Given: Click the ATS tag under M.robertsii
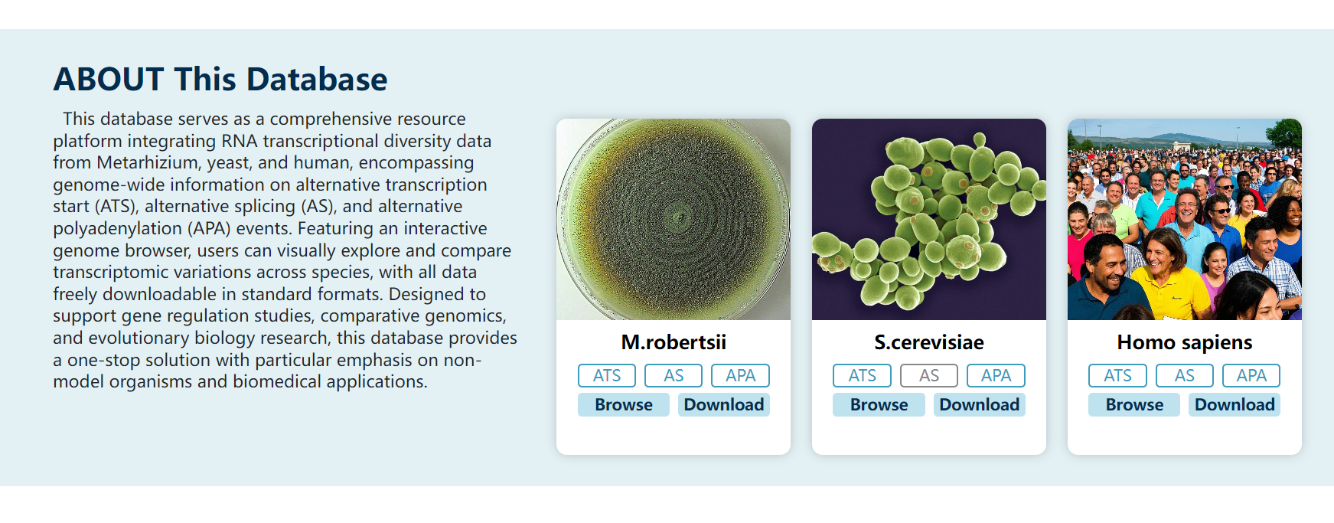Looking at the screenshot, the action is coord(607,376).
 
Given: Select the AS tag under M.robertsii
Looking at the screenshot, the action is coord(674,376).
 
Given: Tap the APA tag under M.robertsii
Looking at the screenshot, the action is coord(740,376).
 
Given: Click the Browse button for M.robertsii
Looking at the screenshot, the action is coord(624,405).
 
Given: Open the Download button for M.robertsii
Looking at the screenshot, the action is coord(724,405).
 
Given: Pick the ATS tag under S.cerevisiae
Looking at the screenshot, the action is coord(863,376).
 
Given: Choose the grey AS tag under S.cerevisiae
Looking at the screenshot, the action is coord(929,376).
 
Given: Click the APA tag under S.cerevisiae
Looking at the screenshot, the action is coord(996,376).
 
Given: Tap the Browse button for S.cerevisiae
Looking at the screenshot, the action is coord(879,405).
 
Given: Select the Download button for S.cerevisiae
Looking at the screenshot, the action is coord(980,405).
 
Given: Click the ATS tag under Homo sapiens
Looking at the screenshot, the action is coord(1118,376).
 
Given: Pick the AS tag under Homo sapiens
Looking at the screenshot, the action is coord(1185,376).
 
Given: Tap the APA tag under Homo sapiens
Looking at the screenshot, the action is coord(1251,376).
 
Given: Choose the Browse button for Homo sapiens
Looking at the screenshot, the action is coord(1135,405).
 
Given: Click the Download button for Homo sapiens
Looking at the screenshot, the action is coord(1235,405).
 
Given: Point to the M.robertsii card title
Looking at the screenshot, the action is coord(674,342).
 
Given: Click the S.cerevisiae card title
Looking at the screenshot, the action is coord(929,342).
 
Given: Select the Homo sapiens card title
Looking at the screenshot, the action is coord(1185,342).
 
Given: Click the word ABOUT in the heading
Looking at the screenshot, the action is coord(109,80).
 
